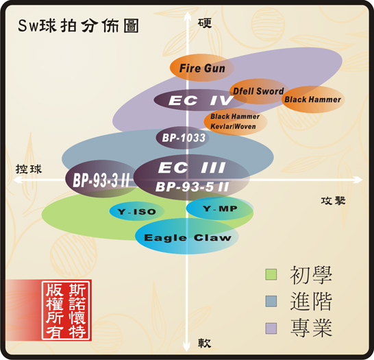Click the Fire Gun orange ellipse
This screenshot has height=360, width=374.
click(x=202, y=68)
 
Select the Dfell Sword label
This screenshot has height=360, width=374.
click(x=258, y=91)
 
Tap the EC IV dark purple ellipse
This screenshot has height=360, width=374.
click(x=200, y=100)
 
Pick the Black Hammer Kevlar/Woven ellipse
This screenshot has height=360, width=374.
click(x=236, y=121)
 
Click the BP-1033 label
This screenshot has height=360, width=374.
click(x=184, y=138)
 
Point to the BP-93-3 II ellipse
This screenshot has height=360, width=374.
click(x=101, y=179)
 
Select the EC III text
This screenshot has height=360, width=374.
click(x=192, y=167)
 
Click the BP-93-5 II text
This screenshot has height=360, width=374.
click(x=192, y=187)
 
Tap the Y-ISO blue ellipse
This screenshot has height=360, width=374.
click(x=137, y=211)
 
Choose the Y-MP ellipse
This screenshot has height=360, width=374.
click(x=220, y=208)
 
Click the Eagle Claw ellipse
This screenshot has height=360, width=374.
click(x=187, y=236)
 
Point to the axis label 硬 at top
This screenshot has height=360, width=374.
click(x=205, y=23)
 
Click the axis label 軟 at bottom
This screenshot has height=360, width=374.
click(x=204, y=343)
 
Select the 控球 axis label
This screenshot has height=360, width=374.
click(x=29, y=169)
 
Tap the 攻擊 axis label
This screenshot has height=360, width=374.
click(x=333, y=201)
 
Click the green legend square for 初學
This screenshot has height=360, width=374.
click(x=271, y=274)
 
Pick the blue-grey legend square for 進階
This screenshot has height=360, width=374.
click(x=271, y=301)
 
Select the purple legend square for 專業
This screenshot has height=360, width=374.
click(x=271, y=328)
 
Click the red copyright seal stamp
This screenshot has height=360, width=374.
click(x=66, y=311)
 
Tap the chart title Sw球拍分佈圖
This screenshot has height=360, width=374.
click(x=78, y=26)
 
